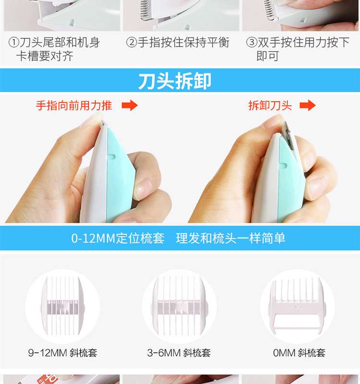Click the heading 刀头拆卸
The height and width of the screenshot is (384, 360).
[x=175, y=81]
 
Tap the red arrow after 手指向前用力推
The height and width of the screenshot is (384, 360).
[x=130, y=106]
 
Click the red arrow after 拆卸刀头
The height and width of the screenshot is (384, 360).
[x=308, y=106]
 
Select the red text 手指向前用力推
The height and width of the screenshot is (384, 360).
[x=74, y=106]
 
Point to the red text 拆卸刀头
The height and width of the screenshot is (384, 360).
[x=270, y=106]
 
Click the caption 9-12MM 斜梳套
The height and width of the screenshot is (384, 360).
[x=63, y=353]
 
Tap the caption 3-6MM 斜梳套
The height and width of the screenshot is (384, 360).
[x=179, y=353]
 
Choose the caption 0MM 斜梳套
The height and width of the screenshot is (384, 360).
[x=299, y=353]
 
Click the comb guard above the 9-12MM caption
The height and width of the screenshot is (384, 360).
[x=62, y=306]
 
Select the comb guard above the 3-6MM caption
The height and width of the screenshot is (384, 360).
[x=179, y=306]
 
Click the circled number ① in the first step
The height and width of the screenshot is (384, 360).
[x=14, y=42]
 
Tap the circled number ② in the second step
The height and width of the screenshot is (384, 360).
[x=132, y=42]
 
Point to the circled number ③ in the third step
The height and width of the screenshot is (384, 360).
[x=252, y=42]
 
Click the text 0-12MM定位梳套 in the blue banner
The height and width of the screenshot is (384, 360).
[x=118, y=238]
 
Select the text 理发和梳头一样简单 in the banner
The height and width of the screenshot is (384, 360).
[x=230, y=238]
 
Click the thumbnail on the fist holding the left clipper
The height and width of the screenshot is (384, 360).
[x=144, y=187]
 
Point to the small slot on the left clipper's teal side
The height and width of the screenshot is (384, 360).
[x=112, y=156]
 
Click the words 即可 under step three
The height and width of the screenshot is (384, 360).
[x=267, y=56]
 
